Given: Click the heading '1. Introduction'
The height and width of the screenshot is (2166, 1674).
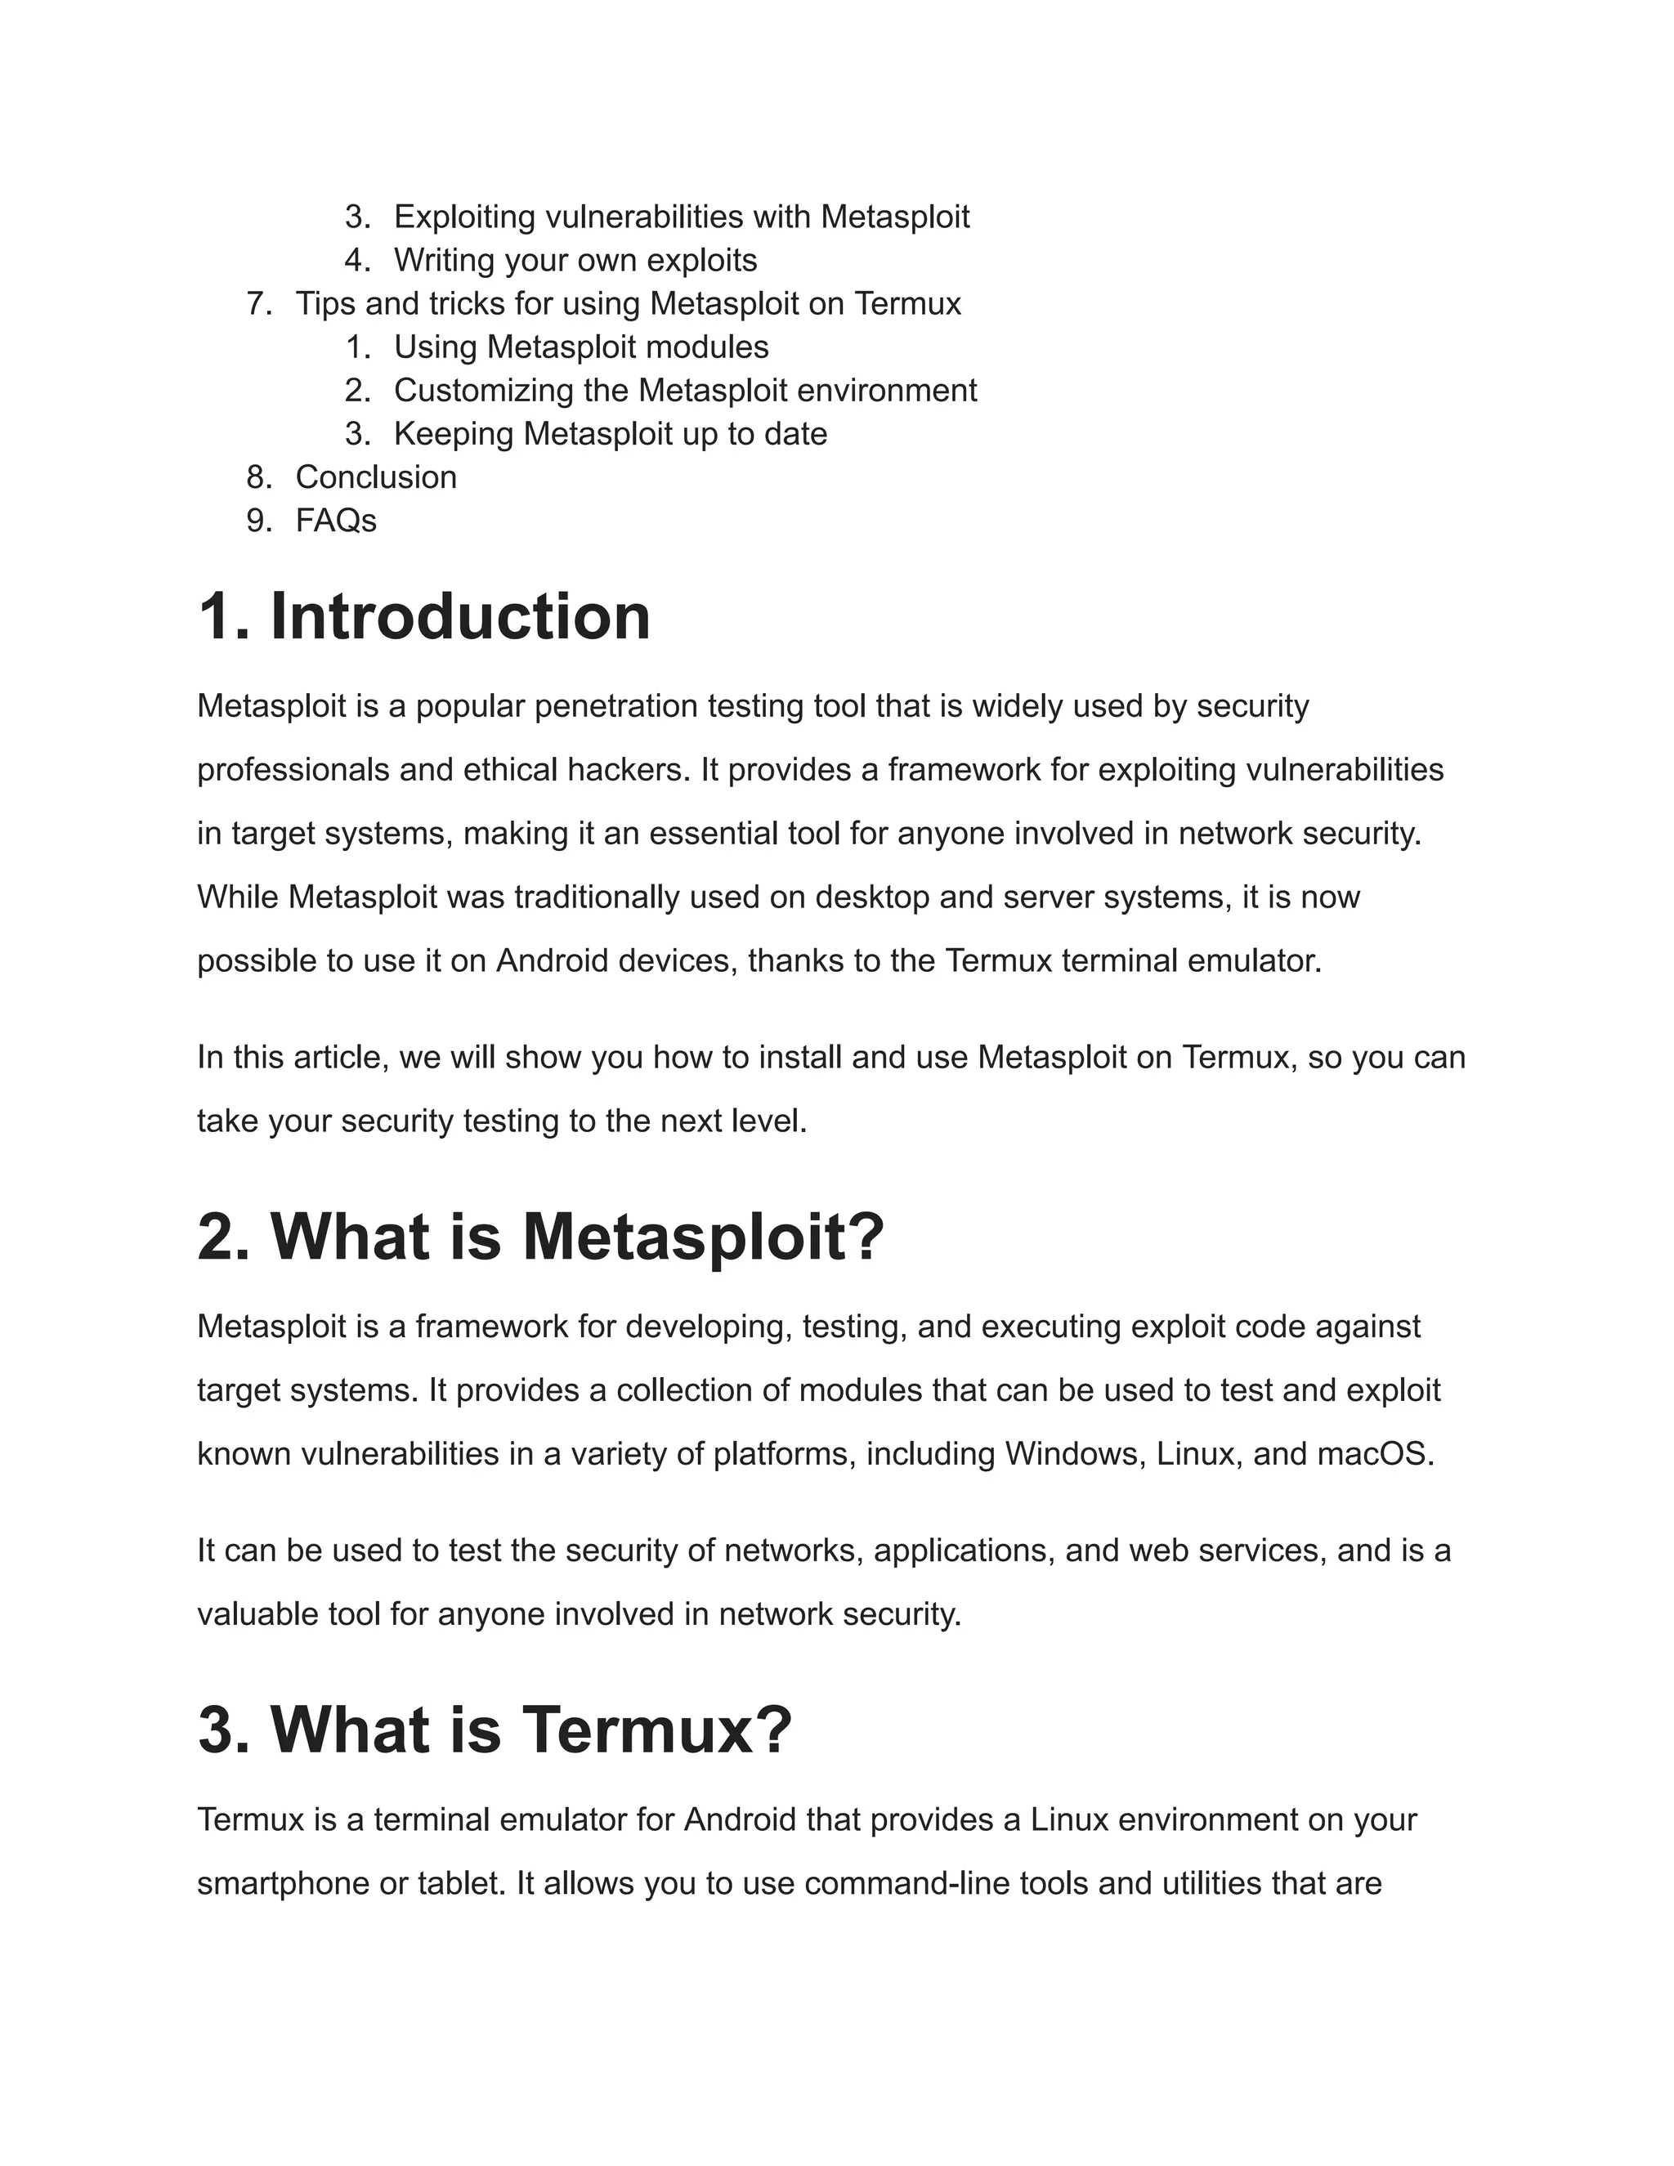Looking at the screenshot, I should (x=423, y=617).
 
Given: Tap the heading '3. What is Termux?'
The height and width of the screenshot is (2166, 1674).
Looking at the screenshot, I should (x=494, y=1730).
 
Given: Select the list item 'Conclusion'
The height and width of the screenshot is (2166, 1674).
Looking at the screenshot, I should (x=376, y=477).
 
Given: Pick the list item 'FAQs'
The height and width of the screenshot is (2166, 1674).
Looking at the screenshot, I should (x=335, y=521).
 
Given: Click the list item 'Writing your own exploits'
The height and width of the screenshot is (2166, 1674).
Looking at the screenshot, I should (x=575, y=260).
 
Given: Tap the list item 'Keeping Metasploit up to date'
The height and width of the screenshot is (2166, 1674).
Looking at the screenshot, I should (x=610, y=433).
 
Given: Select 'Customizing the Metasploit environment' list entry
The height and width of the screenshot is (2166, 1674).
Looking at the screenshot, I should (x=684, y=390).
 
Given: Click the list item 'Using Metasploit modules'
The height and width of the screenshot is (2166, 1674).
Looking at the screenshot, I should (x=581, y=347).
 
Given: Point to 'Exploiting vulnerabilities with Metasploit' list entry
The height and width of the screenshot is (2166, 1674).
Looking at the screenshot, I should (x=682, y=217).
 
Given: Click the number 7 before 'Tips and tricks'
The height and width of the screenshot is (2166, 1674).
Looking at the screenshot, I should (x=257, y=303).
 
